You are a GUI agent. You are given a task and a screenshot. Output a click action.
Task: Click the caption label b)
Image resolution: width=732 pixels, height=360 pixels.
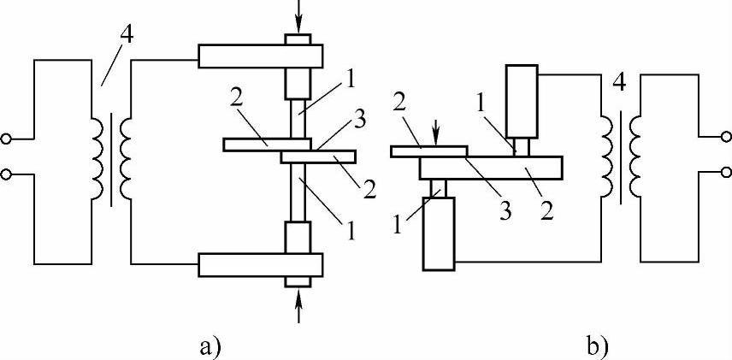tap(599, 345)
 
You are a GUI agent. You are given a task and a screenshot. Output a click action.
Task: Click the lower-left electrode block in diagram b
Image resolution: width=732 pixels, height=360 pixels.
tap(440, 233)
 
